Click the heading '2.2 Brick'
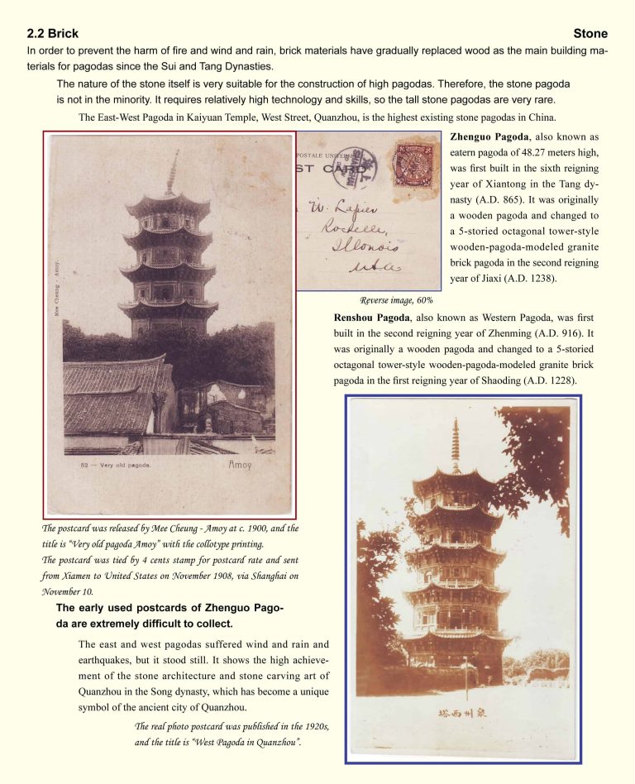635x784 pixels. pos(53,34)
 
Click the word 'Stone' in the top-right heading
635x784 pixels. pos(590,34)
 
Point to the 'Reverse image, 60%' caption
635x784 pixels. pos(397,300)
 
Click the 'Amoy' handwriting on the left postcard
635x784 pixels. pos(241,466)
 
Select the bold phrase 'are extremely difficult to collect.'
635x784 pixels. pos(144,624)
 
